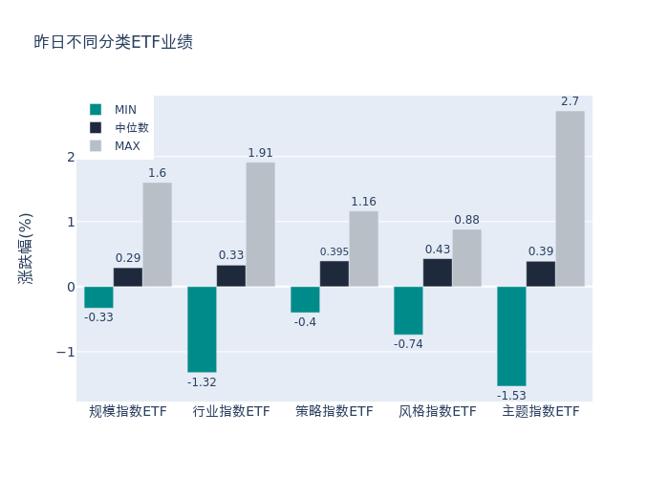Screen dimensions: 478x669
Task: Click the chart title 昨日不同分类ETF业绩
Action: coord(113,42)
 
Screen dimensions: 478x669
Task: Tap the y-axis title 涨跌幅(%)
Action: coord(26,249)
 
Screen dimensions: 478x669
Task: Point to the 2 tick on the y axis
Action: coord(70,157)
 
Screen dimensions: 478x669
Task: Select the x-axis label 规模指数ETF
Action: coord(128,412)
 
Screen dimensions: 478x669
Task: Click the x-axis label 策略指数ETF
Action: coord(334,412)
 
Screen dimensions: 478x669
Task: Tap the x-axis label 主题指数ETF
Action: coord(541,412)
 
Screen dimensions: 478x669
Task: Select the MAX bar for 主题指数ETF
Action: coord(570,199)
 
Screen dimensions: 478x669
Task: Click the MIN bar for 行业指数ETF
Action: coord(202,329)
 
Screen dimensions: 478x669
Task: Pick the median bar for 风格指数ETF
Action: coord(438,272)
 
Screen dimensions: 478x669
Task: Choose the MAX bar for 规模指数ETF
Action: coord(157,234)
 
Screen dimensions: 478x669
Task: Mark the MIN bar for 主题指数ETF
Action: coord(511,336)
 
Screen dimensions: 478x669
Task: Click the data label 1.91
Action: coord(261,153)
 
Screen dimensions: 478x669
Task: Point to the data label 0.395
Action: coord(334,252)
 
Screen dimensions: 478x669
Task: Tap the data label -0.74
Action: coord(408,344)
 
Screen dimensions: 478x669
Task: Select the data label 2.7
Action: coord(570,101)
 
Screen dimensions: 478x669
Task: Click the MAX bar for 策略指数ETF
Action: coord(363,249)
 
